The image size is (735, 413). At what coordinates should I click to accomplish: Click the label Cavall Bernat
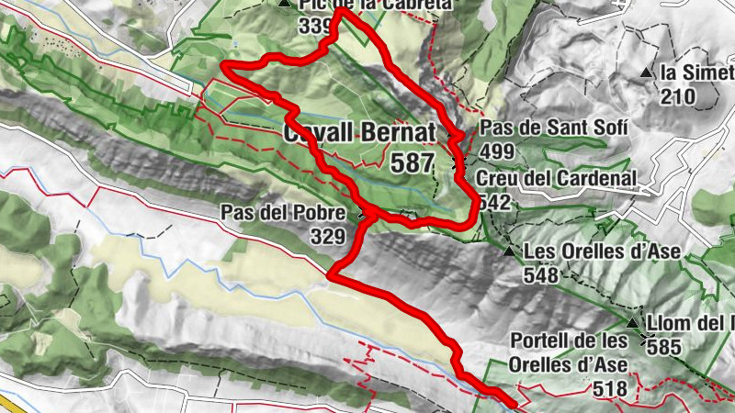coord(359,133)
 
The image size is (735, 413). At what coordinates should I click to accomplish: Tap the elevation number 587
coord(412,163)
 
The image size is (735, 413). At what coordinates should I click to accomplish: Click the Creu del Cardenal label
coord(557,179)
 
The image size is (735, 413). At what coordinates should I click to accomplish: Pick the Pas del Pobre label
coord(282,213)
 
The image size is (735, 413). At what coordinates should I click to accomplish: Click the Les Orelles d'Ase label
coord(588,251)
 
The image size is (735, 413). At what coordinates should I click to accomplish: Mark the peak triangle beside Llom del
coord(632,323)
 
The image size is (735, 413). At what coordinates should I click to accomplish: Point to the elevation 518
coord(610,389)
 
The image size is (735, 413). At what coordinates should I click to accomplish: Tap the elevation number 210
coord(679,95)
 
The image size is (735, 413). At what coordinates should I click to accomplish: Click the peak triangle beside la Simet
coord(648,72)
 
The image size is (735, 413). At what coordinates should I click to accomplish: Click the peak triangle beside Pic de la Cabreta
coord(283,4)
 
